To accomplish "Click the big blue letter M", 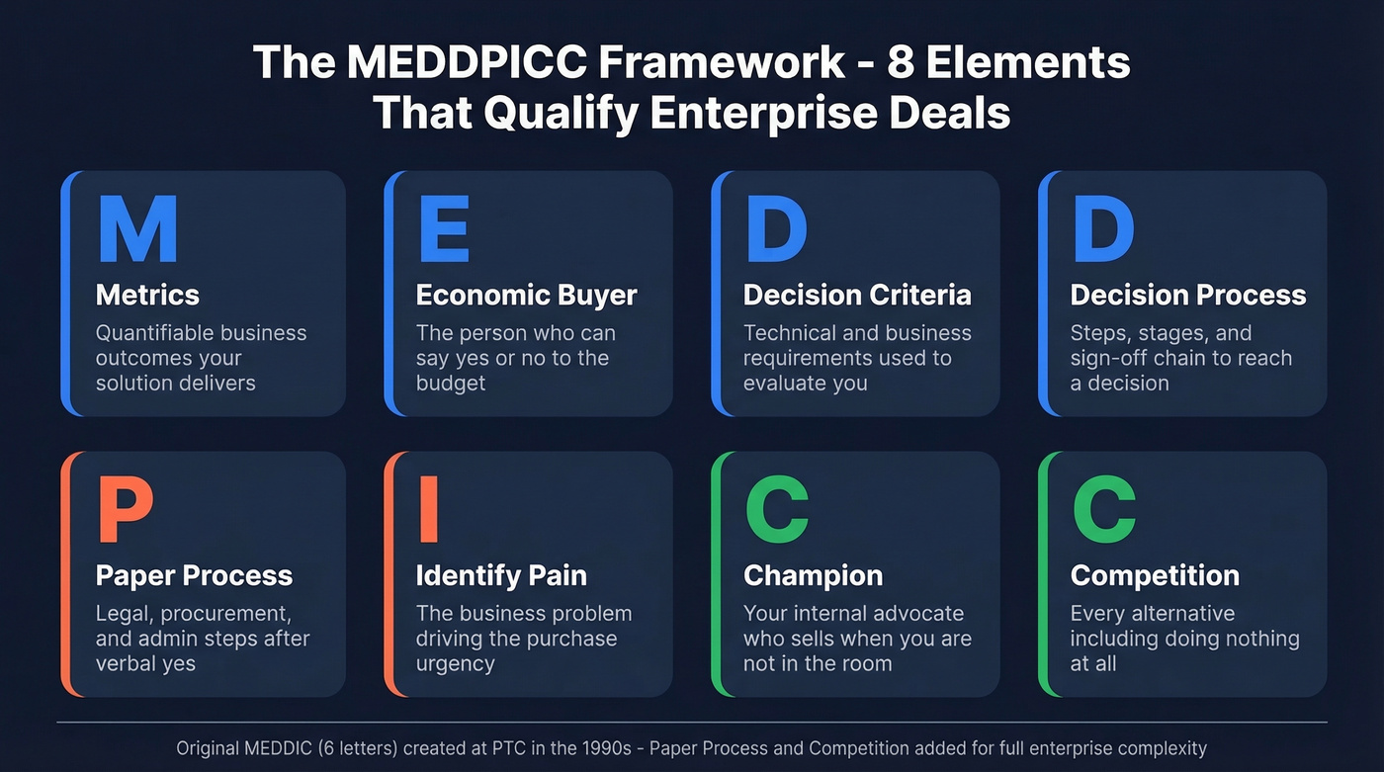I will pyautogui.click(x=137, y=229).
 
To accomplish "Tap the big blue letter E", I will pyautogui.click(x=444, y=229).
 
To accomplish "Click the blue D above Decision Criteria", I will pyautogui.click(x=776, y=229).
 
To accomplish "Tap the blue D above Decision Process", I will pyautogui.click(x=1103, y=229).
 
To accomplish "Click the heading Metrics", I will pyautogui.click(x=147, y=295).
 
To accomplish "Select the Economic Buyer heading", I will pyautogui.click(x=526, y=295).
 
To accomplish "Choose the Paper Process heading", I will pyautogui.click(x=194, y=575).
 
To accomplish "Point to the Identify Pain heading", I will pyautogui.click(x=501, y=575).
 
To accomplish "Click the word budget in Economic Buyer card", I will pyautogui.click(x=451, y=384).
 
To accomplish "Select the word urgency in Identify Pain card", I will pyautogui.click(x=456, y=664).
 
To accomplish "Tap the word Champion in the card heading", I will pyautogui.click(x=813, y=575).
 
